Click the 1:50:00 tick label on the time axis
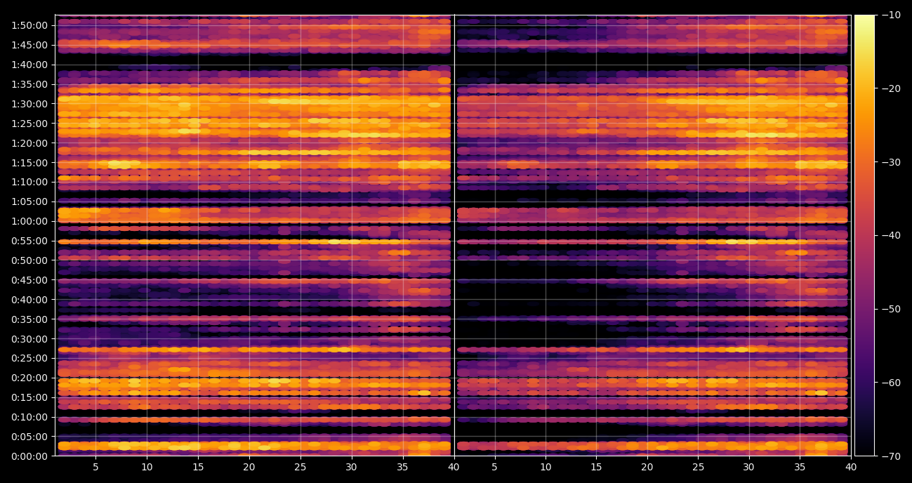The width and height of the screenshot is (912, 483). click(x=29, y=26)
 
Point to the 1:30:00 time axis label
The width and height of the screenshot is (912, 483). click(x=29, y=104)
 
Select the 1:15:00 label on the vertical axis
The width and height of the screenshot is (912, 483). click(x=29, y=163)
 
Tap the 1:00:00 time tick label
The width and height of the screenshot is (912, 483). click(x=29, y=222)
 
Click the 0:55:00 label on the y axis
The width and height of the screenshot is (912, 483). click(x=29, y=241)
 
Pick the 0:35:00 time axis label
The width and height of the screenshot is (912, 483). click(x=29, y=319)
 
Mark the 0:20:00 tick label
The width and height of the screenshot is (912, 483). click(x=29, y=378)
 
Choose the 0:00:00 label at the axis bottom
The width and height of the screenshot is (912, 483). click(x=29, y=456)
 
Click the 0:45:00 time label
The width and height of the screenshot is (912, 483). click(x=29, y=280)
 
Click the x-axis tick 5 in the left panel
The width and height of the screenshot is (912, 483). click(x=95, y=467)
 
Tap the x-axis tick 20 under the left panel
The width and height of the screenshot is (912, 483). click(x=249, y=467)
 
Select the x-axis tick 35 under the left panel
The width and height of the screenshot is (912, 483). click(x=402, y=467)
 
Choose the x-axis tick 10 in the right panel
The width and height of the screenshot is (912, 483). click(x=546, y=467)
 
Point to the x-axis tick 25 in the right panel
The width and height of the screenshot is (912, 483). click(x=699, y=467)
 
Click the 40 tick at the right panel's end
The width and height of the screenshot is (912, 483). click(x=851, y=467)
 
